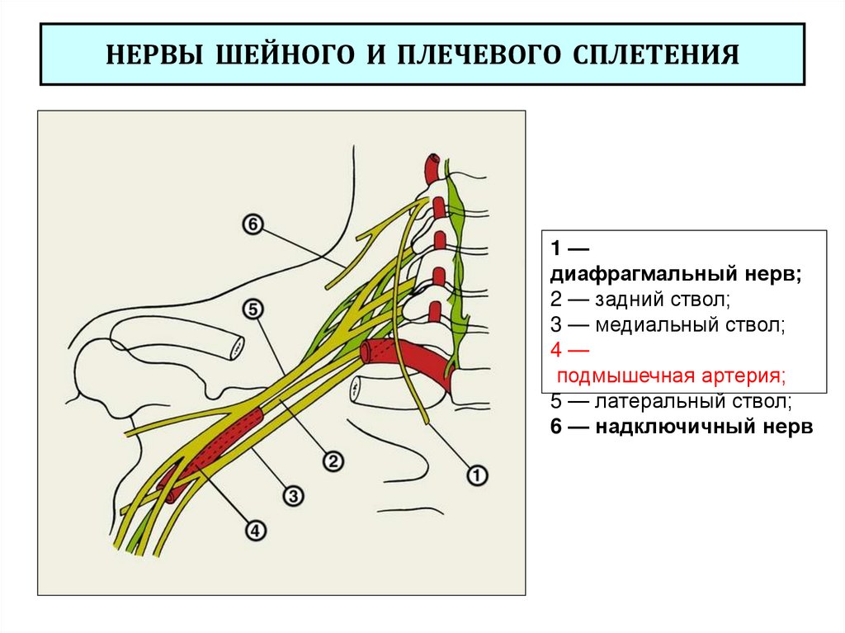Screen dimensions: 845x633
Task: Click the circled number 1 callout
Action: click(x=478, y=475)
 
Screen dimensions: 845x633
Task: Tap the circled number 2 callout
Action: click(x=333, y=461)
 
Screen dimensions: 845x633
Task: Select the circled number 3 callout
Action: click(x=294, y=495)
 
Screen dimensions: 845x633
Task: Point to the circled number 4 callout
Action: click(x=255, y=531)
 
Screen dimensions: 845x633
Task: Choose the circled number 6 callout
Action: click(x=253, y=224)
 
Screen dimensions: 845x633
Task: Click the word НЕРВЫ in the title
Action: click(x=155, y=57)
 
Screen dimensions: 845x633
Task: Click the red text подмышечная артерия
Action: click(x=671, y=376)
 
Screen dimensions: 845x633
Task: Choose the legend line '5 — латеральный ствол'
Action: click(x=671, y=402)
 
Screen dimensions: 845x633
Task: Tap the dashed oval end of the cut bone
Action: click(x=238, y=347)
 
